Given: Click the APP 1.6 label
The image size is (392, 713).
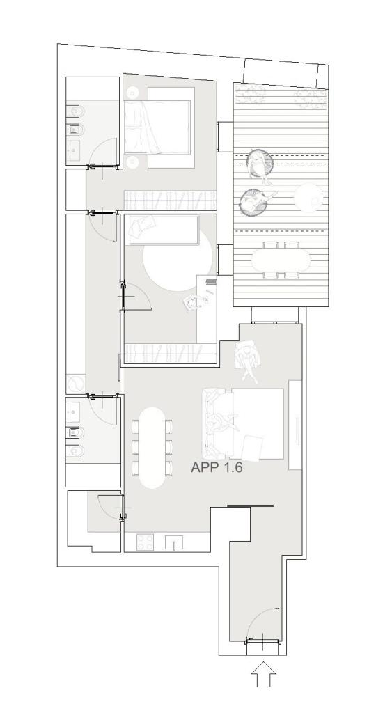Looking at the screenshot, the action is [217, 467].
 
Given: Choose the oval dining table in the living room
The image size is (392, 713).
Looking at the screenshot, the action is [152, 448].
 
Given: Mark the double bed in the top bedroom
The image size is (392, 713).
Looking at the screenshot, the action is [157, 127].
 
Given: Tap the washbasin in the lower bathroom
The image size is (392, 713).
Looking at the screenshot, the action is [73, 413].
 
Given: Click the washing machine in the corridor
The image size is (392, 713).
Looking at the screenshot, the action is [75, 384].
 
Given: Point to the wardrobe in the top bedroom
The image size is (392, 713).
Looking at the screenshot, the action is [170, 201].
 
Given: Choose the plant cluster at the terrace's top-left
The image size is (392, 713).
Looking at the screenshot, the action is [250, 95].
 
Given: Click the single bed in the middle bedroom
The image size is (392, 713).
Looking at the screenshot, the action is [162, 230].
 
